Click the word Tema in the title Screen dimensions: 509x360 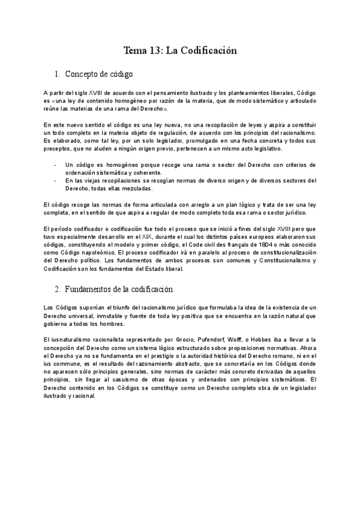tap(135, 50)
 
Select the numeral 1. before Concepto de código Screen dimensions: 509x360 tap(57, 74)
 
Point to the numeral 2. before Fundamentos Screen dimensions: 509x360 tap(57, 289)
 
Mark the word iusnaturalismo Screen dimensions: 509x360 tap(68, 340)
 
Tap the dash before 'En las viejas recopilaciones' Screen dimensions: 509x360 tap(55, 180)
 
